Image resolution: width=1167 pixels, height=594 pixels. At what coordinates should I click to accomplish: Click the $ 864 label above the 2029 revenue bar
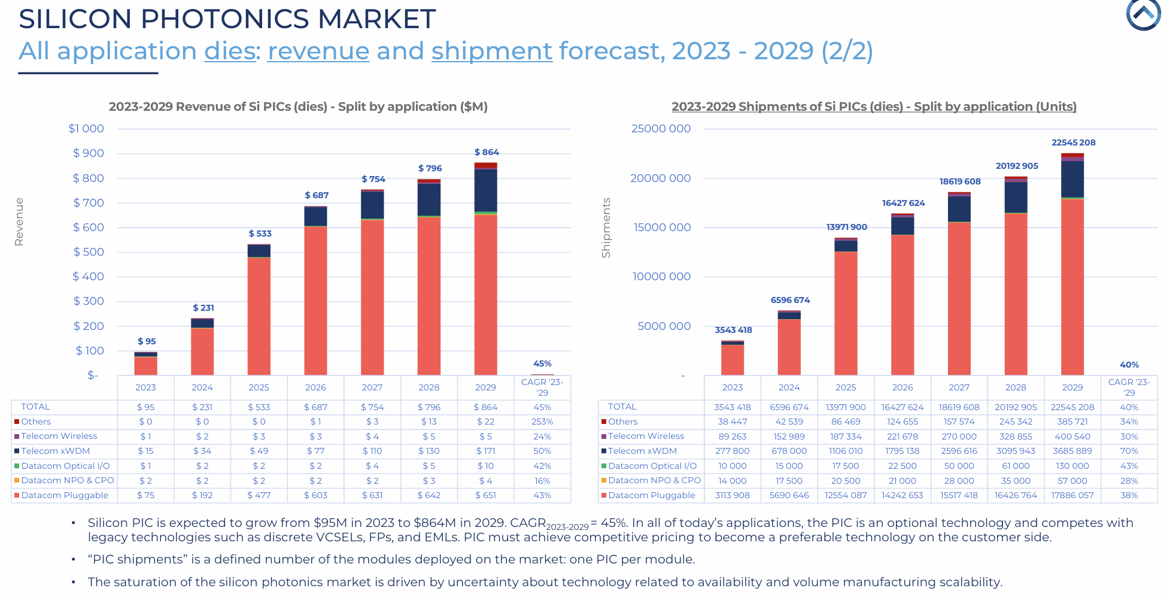pos(487,152)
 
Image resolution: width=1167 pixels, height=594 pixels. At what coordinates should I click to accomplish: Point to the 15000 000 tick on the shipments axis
pos(662,228)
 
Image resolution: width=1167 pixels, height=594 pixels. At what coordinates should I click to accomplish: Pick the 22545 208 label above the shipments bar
pos(1074,143)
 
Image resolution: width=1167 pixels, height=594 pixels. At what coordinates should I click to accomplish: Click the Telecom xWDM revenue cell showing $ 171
pos(485,451)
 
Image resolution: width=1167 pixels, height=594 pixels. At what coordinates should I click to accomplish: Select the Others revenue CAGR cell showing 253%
pos(542,422)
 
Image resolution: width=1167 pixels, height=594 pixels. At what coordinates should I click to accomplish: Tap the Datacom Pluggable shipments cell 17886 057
pos(1072,495)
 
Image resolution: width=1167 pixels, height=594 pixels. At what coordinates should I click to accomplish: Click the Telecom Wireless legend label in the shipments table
pos(646,437)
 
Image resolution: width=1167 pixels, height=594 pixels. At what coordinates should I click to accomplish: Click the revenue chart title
pos(298,107)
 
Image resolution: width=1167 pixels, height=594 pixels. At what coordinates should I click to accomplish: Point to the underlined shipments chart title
pos(874,107)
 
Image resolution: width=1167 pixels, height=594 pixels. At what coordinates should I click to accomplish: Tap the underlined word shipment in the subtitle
pos(492,51)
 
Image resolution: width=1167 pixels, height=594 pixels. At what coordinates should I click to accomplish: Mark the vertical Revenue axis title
pos(19,222)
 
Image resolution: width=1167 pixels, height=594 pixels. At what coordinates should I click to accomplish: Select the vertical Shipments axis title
pos(606,228)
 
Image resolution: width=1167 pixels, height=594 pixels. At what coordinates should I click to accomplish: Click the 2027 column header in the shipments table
pos(959,387)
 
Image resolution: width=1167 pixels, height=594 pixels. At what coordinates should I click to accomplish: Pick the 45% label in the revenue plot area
pos(542,363)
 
